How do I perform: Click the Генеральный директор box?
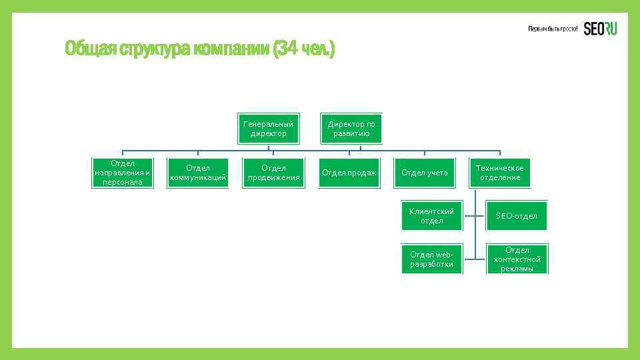point(269,129)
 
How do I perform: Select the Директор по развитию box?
point(351,129)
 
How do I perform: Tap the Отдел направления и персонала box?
point(123,173)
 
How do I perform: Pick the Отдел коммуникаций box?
point(198,173)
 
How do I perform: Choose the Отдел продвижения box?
point(273,173)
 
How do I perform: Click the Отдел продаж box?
point(349,173)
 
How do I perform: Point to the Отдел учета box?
point(424,173)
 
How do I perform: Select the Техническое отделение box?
point(500,173)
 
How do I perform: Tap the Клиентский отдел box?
point(431,216)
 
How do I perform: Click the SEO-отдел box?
point(517,216)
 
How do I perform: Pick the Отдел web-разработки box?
point(431,259)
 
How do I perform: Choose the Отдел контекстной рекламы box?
point(517,259)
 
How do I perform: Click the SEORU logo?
point(600,29)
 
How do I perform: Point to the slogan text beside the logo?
point(553,29)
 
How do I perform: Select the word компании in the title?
point(233,49)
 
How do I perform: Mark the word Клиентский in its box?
point(431,211)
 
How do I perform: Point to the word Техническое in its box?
point(500,168)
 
